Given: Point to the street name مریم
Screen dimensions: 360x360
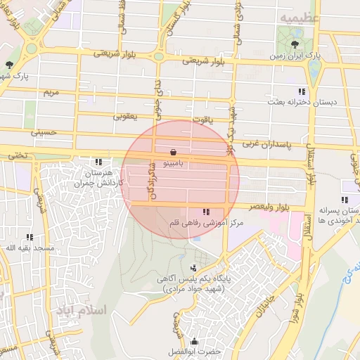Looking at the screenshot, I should (51, 92).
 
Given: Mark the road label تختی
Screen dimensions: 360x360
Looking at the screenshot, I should (15, 155).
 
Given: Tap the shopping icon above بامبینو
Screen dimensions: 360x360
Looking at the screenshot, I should (173, 151).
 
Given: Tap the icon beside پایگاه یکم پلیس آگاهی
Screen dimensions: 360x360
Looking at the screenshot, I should (193, 267).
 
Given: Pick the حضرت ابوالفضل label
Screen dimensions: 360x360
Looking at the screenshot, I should (195, 350).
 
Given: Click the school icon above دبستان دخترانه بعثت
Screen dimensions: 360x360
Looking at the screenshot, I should (302, 91).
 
